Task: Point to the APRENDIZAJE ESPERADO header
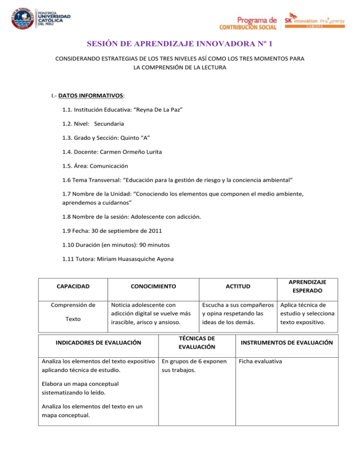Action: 308,285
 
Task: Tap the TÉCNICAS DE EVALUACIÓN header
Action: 197,343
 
